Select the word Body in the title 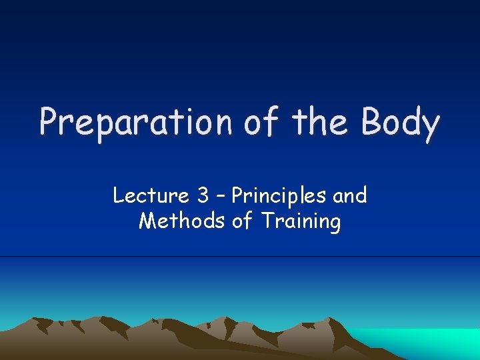coord(401,123)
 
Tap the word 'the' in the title coord(318,121)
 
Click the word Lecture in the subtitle coord(151,196)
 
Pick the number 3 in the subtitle coord(203,196)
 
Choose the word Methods coord(182,221)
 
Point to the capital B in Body coord(372,121)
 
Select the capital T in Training coord(267,221)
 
